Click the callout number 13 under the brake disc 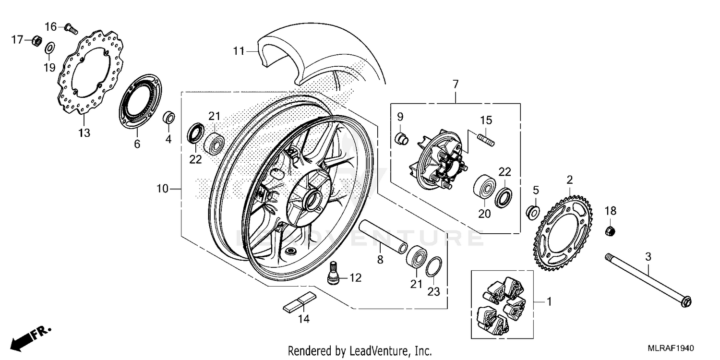coord(84,133)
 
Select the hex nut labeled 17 coord(35,41)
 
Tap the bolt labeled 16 coord(72,28)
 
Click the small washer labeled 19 coord(49,48)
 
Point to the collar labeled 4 coord(168,117)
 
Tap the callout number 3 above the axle coord(648,257)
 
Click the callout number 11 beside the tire coord(239,50)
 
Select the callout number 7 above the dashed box coord(455,84)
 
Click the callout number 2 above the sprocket coord(570,180)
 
